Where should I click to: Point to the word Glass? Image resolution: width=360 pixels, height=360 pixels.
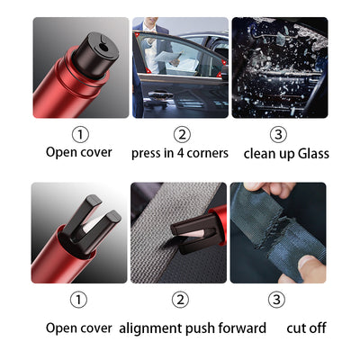point(311,153)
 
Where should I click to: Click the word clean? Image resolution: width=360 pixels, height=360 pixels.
point(259,153)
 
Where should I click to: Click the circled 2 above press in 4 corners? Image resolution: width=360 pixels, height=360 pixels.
point(182,134)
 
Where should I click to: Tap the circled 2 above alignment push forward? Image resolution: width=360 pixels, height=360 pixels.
point(181,299)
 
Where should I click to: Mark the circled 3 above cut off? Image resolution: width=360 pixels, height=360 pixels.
point(276,299)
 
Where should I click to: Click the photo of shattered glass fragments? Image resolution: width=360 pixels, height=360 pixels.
point(279,67)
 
